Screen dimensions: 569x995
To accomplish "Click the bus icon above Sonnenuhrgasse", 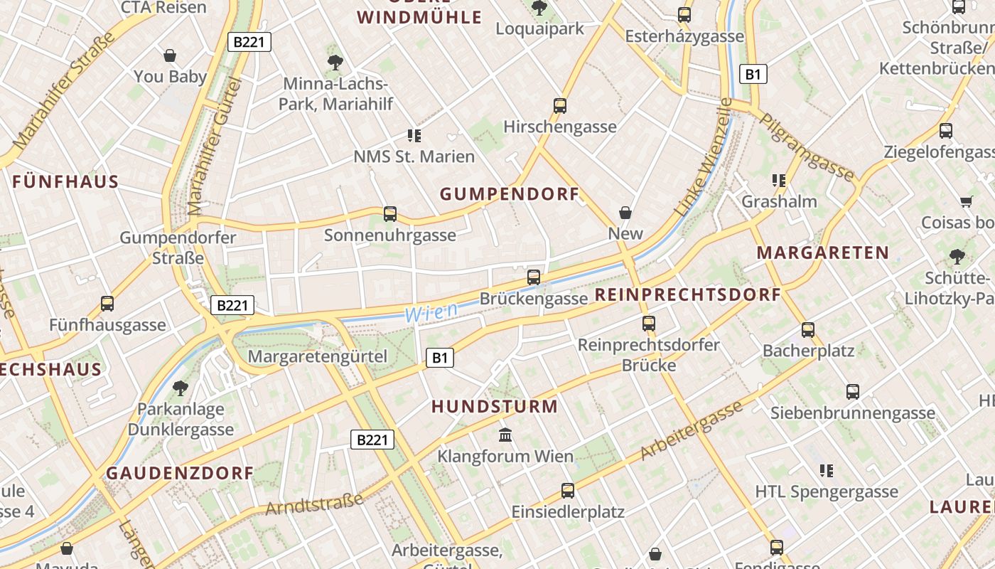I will tap(389, 213).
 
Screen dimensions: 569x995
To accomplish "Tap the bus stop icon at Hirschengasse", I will tap(560, 106).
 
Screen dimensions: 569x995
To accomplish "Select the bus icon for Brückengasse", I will tap(534, 277).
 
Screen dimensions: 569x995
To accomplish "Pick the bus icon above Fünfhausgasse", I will tap(107, 304).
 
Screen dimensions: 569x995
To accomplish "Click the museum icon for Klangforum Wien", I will tap(505, 435).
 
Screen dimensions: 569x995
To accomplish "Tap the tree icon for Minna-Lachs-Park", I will tap(335, 63).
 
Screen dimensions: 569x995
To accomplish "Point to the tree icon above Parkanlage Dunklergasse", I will tap(181, 388).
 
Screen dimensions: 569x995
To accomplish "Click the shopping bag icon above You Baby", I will tap(170, 55).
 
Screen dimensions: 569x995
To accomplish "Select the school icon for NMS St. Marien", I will tap(414, 135).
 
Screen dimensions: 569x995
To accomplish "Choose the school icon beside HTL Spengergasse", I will tap(826, 470).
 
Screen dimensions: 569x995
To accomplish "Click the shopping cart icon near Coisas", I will tap(966, 202).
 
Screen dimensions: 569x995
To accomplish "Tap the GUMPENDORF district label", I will tap(510, 194).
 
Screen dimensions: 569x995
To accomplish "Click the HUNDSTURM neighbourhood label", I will tap(495, 407).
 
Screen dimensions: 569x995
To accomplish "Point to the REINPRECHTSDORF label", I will tap(687, 294).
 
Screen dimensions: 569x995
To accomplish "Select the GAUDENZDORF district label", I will tap(180, 473).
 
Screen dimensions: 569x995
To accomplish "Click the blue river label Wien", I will tap(431, 312).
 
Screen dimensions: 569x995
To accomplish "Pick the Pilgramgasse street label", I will tap(807, 147).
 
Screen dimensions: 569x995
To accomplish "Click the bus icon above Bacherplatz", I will tap(808, 329).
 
